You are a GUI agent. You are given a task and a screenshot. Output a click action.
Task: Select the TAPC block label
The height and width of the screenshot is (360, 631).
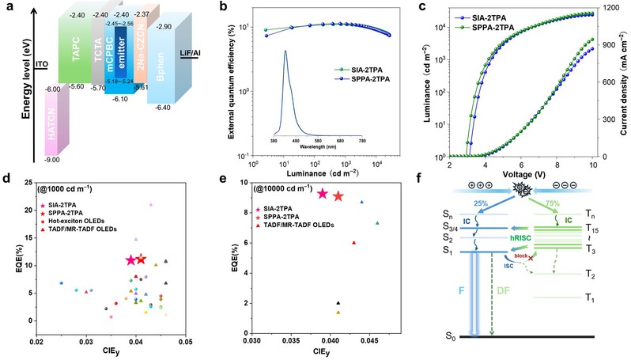coord(76,58)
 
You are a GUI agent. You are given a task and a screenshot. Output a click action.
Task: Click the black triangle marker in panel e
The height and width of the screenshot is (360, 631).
coord(338,303)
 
